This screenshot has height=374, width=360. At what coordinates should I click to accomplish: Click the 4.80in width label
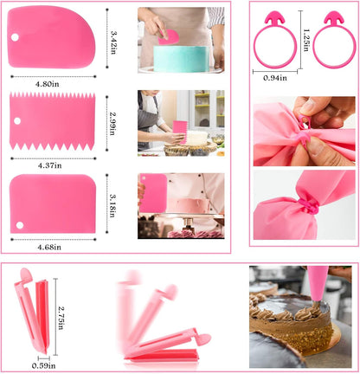click(x=47, y=84)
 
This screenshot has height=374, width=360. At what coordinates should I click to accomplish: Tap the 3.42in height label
click(x=113, y=42)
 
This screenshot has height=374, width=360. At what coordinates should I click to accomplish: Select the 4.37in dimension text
click(x=49, y=165)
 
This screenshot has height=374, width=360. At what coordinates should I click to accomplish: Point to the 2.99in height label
click(x=112, y=124)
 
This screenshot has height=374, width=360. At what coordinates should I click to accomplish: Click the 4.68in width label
click(x=49, y=247)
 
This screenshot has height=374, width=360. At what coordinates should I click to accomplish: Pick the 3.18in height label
click(x=112, y=205)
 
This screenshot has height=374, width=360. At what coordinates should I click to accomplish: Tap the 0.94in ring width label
click(x=275, y=78)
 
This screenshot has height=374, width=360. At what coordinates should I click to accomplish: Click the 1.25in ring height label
click(x=306, y=40)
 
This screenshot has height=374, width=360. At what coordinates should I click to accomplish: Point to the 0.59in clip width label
click(x=43, y=365)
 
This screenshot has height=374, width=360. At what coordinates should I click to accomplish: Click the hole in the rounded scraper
click(x=15, y=37)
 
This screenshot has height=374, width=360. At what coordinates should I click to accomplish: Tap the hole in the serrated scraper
click(x=17, y=121)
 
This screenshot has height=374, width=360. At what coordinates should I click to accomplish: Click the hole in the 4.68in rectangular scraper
click(x=20, y=225)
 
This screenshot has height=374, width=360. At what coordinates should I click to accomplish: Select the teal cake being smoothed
click(x=181, y=59)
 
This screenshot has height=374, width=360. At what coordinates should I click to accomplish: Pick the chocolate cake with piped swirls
click(x=290, y=322)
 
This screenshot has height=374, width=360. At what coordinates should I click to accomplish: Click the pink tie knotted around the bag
click(x=309, y=205)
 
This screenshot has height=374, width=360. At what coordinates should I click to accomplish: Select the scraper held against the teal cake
click(x=169, y=37)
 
